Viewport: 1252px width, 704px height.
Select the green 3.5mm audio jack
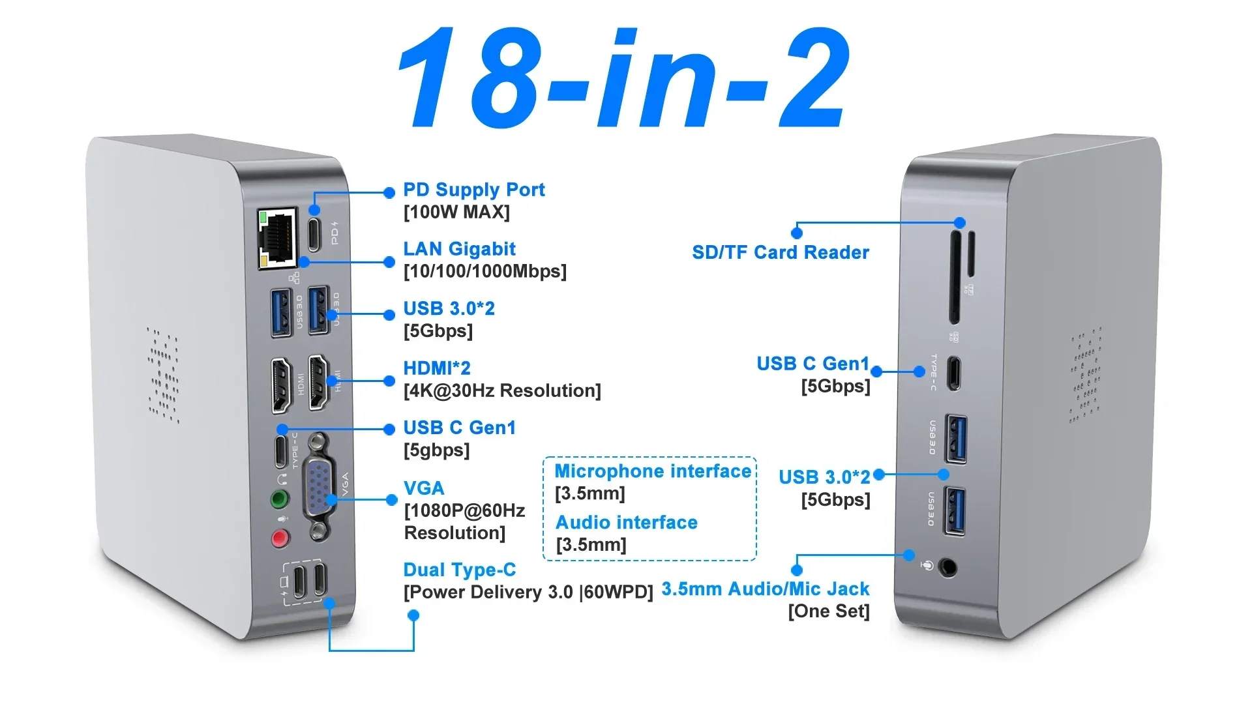(x=280, y=500)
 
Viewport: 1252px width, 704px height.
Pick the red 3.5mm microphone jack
(x=280, y=538)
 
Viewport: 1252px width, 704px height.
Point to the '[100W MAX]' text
(x=456, y=212)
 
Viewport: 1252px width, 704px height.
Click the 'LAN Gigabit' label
(x=459, y=249)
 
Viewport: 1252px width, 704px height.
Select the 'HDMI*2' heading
(x=436, y=368)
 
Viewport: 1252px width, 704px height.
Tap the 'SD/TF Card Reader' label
(x=781, y=252)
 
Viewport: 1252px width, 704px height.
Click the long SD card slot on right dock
(x=955, y=276)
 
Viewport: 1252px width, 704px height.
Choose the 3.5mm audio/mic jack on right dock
(x=947, y=568)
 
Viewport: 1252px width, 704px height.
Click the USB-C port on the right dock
(x=953, y=373)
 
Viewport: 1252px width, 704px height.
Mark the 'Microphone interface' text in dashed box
(x=653, y=471)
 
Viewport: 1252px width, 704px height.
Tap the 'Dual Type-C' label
(x=459, y=570)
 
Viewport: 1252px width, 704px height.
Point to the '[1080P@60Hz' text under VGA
(x=464, y=510)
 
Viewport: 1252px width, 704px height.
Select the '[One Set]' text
(x=829, y=611)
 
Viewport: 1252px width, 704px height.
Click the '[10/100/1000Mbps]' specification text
(x=485, y=271)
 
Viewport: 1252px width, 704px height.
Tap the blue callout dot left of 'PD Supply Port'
(x=389, y=192)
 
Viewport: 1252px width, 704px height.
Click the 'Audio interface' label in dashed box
(x=627, y=523)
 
